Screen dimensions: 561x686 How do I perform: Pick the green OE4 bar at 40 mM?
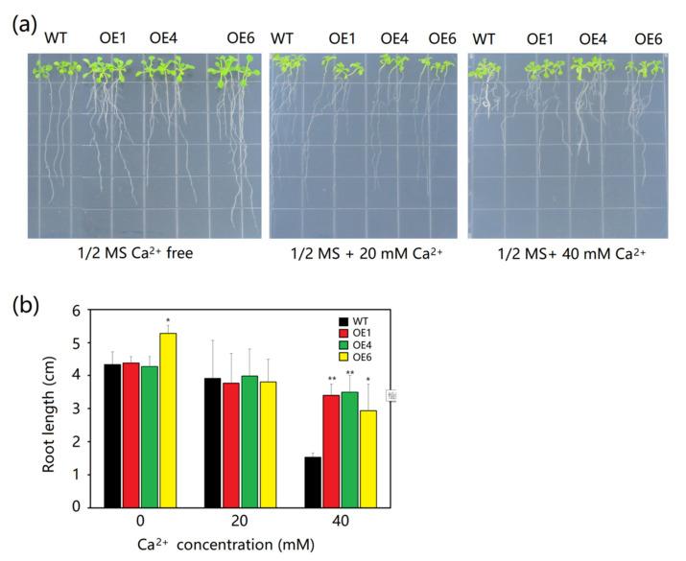(x=350, y=449)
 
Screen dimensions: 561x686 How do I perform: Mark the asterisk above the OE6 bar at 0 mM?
(x=168, y=319)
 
